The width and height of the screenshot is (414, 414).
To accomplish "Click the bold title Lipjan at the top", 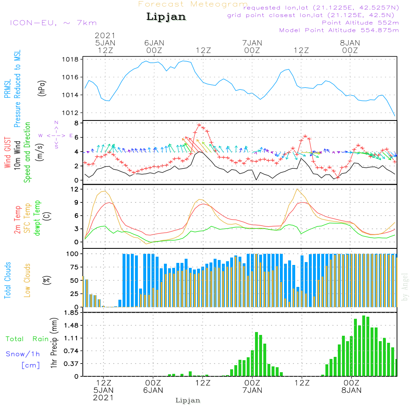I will (x=166, y=17).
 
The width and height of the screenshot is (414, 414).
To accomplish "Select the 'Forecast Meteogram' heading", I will (x=193, y=4).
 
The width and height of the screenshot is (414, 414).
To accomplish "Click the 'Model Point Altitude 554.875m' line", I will (x=339, y=30).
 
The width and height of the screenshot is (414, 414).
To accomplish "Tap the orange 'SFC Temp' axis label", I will (x=27, y=218).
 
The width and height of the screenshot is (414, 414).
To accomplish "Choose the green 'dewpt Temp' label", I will (x=37, y=218).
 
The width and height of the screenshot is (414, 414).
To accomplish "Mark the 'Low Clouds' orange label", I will (x=27, y=280).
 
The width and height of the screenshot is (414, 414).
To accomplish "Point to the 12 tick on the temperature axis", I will (x=75, y=189).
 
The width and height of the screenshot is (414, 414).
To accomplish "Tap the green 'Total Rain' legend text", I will (x=27, y=339).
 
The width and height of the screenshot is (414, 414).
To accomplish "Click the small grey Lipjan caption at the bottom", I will (x=188, y=400).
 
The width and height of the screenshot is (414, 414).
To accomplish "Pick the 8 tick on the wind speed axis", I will (x=76, y=123).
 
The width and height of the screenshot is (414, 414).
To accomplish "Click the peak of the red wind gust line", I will (x=199, y=125).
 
